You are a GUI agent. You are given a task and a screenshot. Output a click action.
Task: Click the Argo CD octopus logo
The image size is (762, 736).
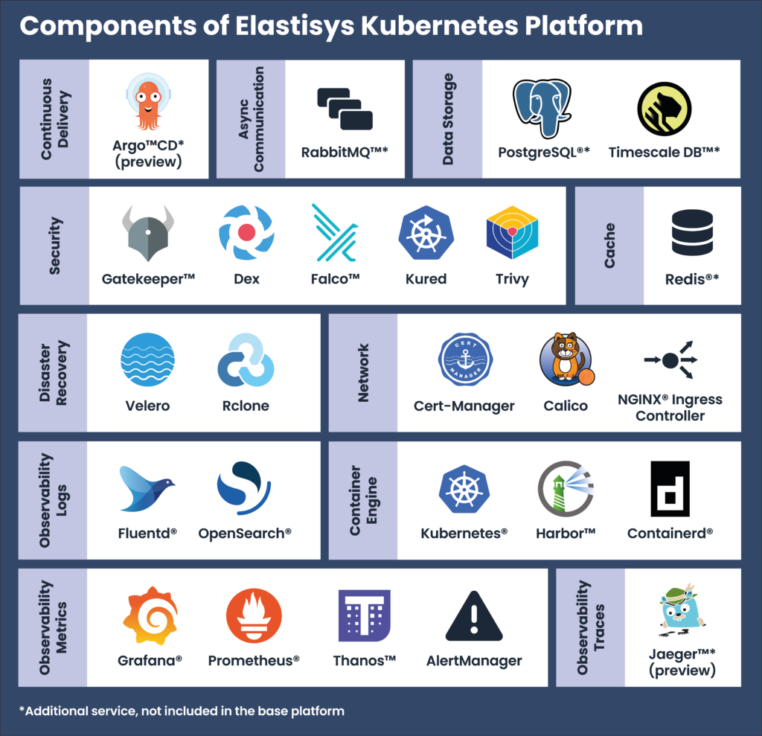(148, 103)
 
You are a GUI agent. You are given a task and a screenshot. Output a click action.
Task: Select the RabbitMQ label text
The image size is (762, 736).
(345, 152)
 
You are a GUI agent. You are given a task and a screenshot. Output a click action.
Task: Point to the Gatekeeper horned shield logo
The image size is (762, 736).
(148, 234)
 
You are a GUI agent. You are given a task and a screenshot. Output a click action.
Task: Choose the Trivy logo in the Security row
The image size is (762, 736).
(512, 232)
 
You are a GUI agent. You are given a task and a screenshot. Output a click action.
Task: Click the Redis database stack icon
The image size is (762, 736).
(692, 233)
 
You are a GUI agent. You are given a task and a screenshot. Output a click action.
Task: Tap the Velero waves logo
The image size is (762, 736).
(147, 360)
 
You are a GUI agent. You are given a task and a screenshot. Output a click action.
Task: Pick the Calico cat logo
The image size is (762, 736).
(566, 360)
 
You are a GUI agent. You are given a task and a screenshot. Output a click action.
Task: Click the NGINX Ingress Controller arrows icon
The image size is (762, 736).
(670, 360)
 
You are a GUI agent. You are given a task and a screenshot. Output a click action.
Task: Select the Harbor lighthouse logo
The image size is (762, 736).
(566, 488)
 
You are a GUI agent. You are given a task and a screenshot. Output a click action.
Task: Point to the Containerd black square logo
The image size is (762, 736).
(670, 488)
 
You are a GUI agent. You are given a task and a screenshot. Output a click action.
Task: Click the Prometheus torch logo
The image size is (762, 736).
(254, 615)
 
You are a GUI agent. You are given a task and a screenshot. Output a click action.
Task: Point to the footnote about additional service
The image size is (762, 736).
(182, 711)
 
